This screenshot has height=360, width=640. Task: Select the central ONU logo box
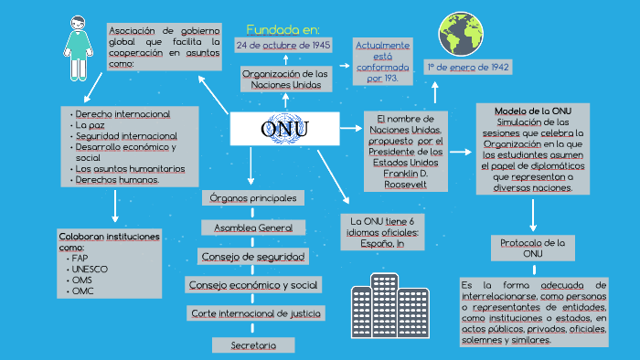(284, 130)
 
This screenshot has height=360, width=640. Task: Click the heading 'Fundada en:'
(283, 29)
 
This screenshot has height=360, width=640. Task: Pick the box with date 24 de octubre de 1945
(283, 45)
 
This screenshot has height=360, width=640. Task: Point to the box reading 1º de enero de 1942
(467, 67)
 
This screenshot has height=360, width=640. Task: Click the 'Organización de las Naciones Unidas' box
(284, 79)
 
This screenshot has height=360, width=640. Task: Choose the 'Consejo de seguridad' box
(253, 256)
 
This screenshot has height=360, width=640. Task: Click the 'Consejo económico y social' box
(253, 285)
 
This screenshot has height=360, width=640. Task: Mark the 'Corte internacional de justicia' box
(255, 313)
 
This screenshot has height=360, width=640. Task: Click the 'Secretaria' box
(253, 345)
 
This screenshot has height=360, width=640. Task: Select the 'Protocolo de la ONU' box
(533, 248)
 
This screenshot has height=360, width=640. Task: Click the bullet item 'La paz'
(90, 125)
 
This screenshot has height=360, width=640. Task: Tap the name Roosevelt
(405, 184)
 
